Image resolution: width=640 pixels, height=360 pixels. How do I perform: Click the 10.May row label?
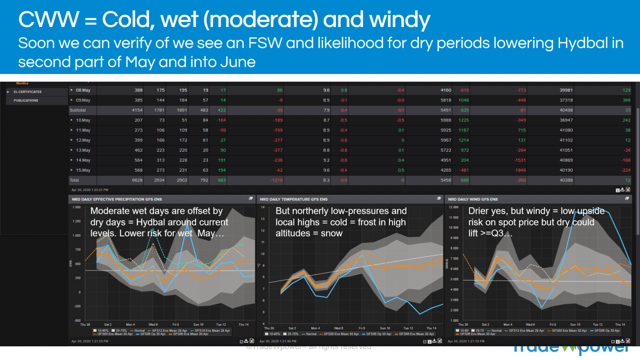coord(83,120)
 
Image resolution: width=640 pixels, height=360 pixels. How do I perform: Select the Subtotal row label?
coord(77,110)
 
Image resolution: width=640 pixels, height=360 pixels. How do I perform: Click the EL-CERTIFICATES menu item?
coord(27,92)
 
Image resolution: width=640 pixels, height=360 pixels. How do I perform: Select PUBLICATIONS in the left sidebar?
coord(26,101)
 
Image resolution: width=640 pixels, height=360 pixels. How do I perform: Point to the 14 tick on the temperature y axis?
coord(262,207)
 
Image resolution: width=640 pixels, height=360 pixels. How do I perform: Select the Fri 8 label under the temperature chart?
coord(362,328)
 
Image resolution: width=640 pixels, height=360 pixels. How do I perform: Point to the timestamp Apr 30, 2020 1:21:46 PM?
coord(279,341)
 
